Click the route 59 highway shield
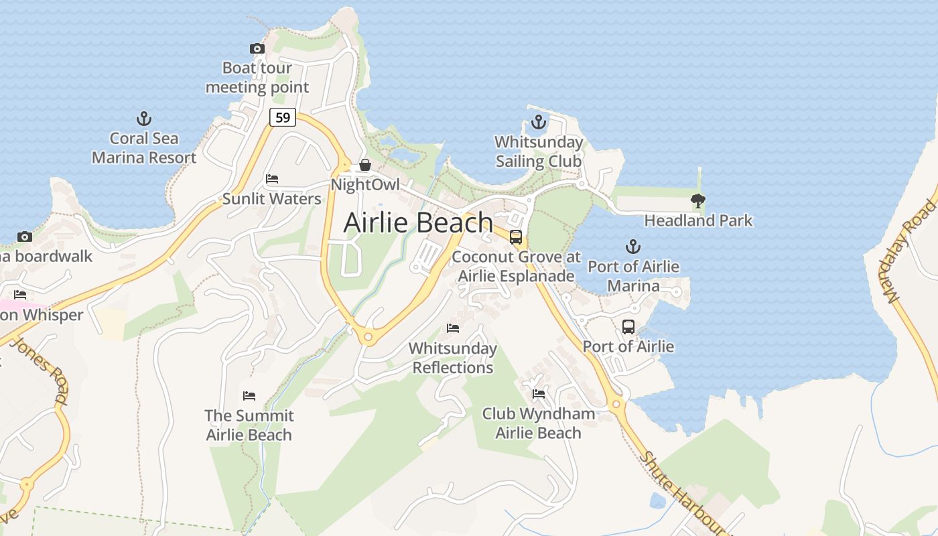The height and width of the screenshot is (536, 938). click(283, 117)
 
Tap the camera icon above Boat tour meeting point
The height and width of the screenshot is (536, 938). click(257, 48)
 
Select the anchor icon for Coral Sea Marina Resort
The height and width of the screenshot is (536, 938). click(143, 119)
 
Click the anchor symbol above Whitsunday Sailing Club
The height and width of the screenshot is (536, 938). click(538, 122)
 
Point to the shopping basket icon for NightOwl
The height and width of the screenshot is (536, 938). click(365, 164)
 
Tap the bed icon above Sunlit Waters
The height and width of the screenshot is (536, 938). click(272, 179)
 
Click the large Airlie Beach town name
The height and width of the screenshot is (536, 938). click(418, 222)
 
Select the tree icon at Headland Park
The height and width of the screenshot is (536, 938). click(698, 200)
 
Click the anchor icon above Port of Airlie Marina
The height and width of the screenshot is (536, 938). click(632, 247)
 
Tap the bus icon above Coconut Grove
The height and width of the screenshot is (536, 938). click(516, 237)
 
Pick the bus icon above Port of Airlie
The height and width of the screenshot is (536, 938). click(628, 327)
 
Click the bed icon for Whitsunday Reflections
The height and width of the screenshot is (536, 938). click(453, 328)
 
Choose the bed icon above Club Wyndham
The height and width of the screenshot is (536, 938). click(538, 393)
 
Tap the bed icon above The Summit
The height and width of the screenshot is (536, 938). click(249, 395)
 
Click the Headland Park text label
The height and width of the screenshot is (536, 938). click(698, 220)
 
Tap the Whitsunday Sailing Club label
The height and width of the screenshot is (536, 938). click(539, 152)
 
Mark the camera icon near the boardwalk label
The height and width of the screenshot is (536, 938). click(25, 237)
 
